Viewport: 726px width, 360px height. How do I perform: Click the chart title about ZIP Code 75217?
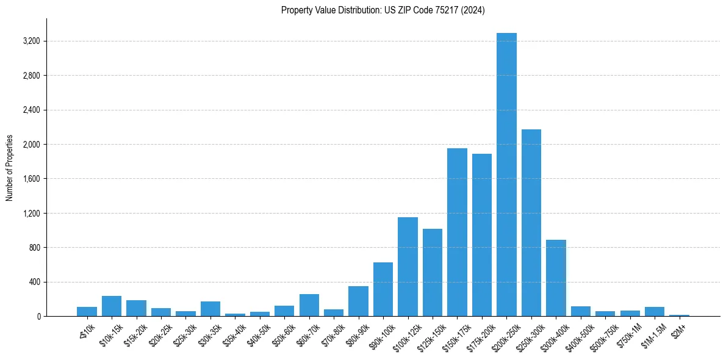(383, 10)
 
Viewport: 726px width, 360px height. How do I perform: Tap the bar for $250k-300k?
(531, 223)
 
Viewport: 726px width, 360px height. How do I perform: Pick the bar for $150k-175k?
(457, 232)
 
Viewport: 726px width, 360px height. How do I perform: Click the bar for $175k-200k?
(481, 235)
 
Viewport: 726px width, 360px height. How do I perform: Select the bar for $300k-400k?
(556, 278)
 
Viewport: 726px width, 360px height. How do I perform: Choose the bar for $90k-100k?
(383, 289)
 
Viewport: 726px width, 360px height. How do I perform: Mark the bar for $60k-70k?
(309, 305)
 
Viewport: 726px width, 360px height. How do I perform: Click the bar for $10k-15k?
(112, 306)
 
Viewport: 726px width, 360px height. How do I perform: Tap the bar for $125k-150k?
(432, 272)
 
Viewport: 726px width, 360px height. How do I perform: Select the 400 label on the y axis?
(34, 283)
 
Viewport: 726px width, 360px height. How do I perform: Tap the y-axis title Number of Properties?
(10, 168)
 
